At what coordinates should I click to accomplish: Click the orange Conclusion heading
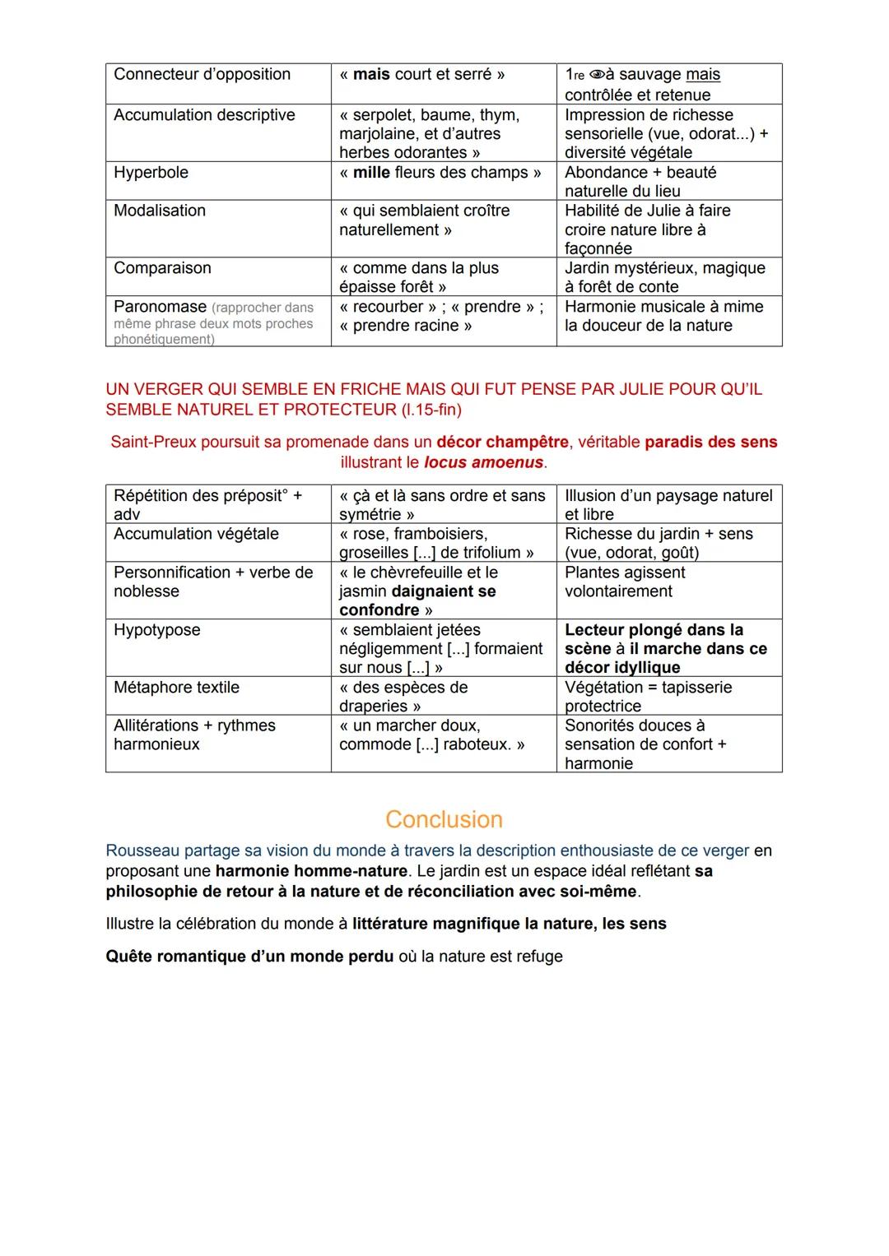[x=444, y=819]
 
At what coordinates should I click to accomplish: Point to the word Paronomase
[x=160, y=307]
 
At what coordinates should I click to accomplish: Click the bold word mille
[x=371, y=173]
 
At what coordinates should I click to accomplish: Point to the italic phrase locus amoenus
[x=483, y=462]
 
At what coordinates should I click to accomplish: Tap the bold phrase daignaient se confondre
[x=418, y=600]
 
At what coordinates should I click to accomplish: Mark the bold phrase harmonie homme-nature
[x=311, y=871]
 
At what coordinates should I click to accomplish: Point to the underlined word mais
[x=702, y=75]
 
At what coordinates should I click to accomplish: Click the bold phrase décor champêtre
[x=502, y=442]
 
